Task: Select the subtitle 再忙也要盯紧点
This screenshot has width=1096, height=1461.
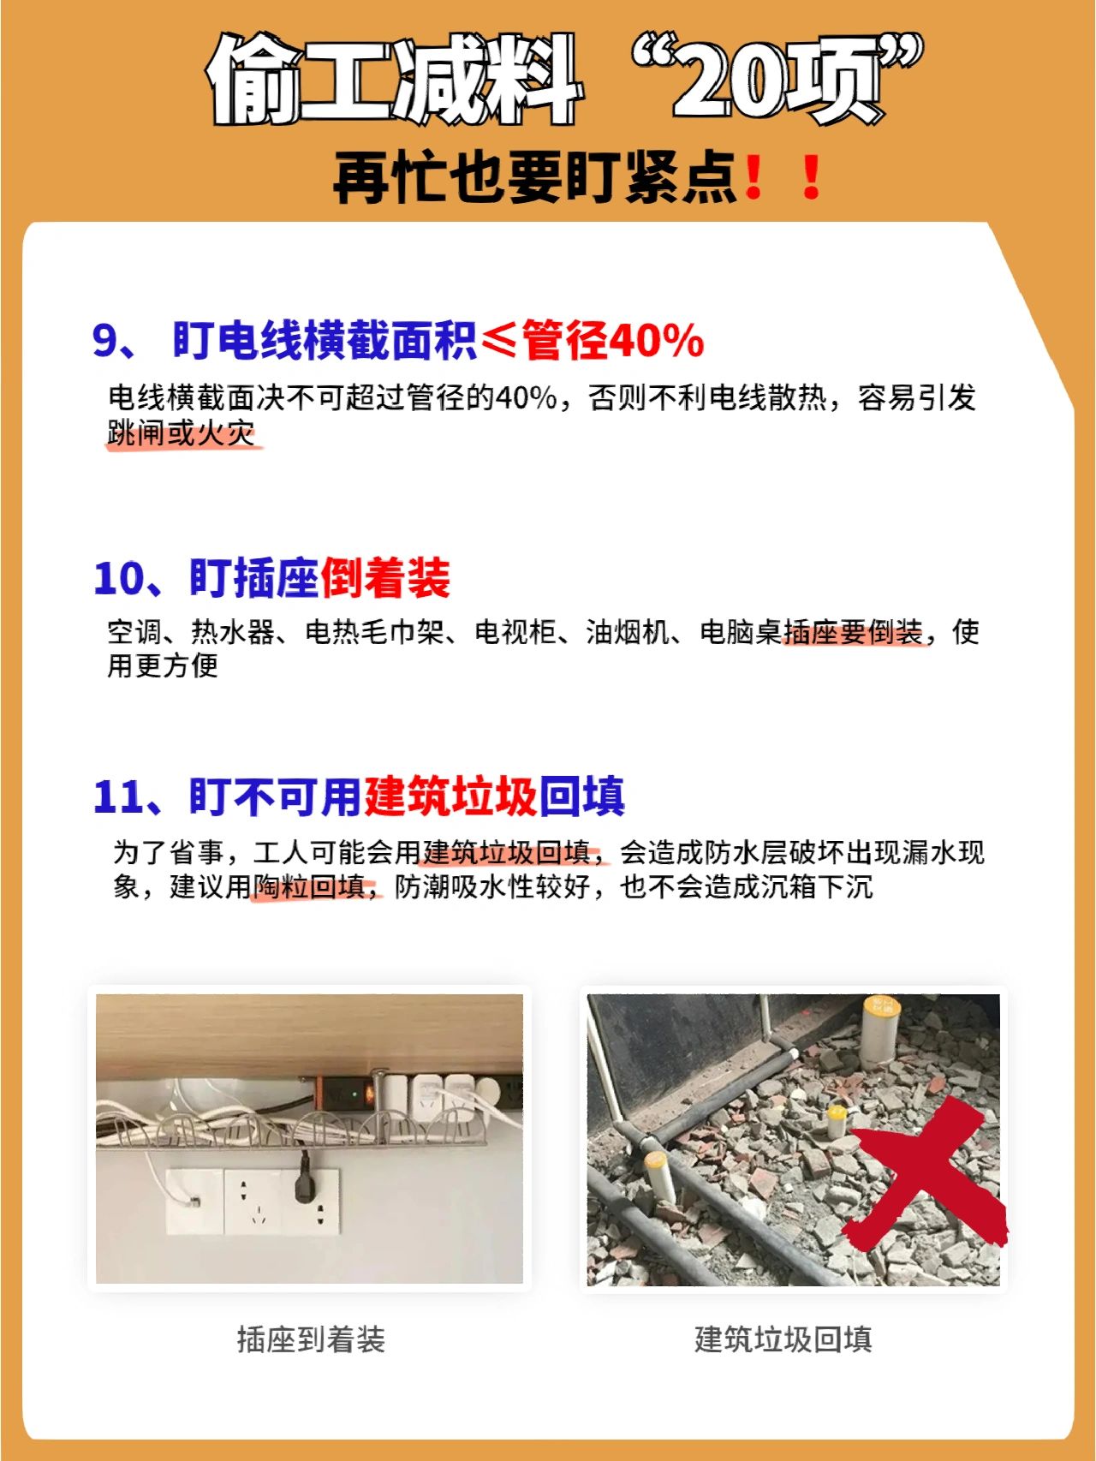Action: point(535,178)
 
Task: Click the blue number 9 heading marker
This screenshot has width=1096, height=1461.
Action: point(104,340)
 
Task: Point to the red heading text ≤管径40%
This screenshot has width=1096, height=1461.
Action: point(593,340)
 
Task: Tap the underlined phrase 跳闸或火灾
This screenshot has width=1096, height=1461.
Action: point(182,432)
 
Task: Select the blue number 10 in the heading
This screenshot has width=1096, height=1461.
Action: point(120,578)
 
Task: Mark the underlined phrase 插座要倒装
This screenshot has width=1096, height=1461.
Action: point(853,633)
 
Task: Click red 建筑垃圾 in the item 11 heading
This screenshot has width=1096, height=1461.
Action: point(451,796)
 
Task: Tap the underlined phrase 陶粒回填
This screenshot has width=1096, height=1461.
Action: point(309,887)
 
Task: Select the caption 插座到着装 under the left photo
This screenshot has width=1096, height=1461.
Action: point(311,1339)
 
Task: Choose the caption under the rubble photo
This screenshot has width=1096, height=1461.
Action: point(783,1339)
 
